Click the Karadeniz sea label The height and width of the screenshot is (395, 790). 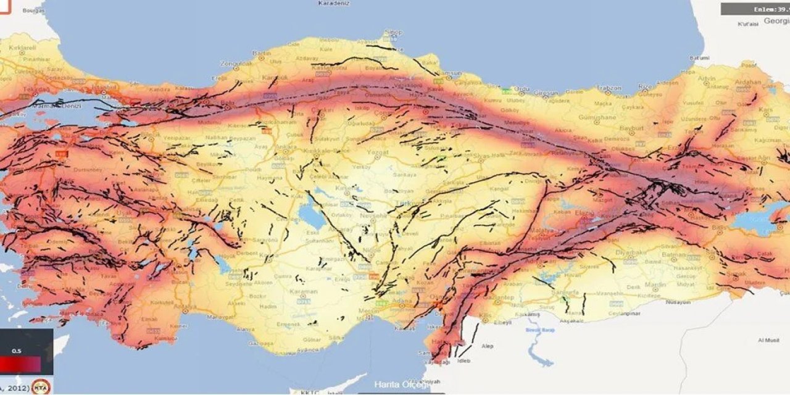tap(333, 3)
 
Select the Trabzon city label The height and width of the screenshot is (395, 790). tap(609, 88)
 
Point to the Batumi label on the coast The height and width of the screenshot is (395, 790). tap(700, 57)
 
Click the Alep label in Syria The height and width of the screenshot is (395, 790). tap(488, 346)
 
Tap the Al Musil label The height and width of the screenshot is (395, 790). tap(769, 340)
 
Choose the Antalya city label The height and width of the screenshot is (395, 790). tap(185, 307)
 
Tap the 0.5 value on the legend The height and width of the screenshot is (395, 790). tap(17, 352)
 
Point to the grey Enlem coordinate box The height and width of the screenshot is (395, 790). tap(755, 9)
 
